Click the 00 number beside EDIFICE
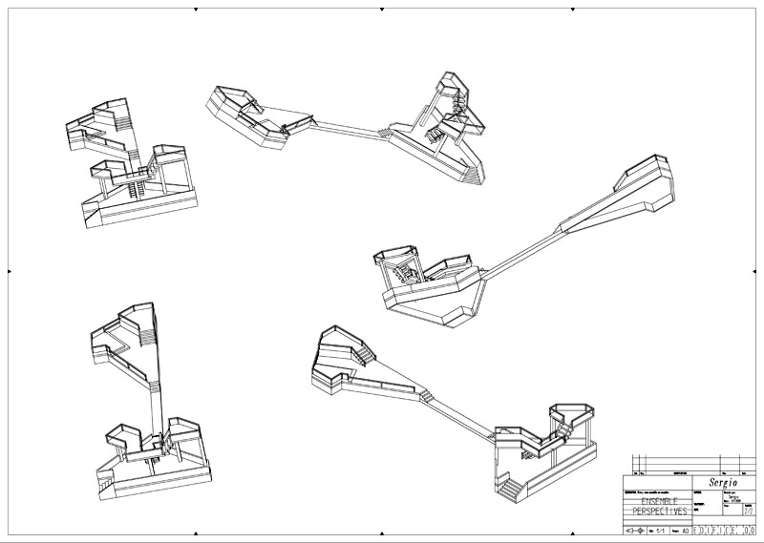749,527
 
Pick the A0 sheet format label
684,527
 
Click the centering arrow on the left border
10,271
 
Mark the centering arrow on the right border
754,271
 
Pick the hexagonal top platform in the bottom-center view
572,413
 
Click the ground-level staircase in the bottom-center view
512,489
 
